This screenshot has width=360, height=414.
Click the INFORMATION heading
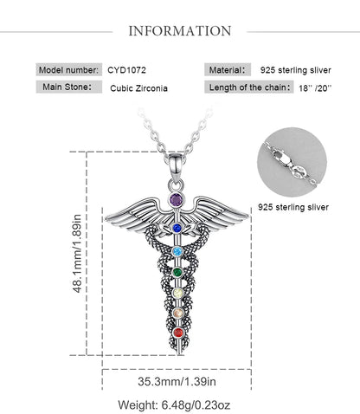[x=180, y=31]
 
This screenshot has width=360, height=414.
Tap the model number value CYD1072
[x=126, y=70]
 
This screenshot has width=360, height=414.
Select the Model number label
[x=68, y=70]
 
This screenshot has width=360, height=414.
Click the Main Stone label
[x=67, y=87]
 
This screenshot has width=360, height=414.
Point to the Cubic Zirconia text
[x=138, y=88]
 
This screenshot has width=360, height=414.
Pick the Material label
[x=227, y=70]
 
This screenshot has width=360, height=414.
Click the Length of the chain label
[x=249, y=87]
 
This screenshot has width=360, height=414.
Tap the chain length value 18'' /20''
[x=315, y=88]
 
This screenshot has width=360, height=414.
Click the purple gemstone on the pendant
[x=176, y=199]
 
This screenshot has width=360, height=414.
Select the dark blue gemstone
[x=177, y=229]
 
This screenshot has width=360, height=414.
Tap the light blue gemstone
[x=177, y=251]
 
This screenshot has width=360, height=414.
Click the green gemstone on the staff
[x=177, y=272]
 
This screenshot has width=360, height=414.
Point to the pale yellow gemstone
[x=177, y=294]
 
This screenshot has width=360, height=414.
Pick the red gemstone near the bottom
[x=178, y=333]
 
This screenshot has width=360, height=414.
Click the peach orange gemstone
[x=178, y=313]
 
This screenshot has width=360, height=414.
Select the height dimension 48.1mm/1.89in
[x=78, y=253]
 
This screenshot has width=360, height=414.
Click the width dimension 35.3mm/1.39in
[x=177, y=381]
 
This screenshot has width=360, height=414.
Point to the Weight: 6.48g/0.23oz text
[x=174, y=404]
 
